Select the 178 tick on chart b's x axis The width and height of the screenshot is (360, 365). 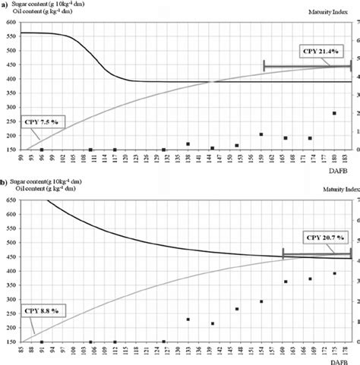coord(346,347)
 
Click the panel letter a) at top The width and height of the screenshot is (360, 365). coord(5,5)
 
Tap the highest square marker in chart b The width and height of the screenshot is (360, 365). coord(334,273)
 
